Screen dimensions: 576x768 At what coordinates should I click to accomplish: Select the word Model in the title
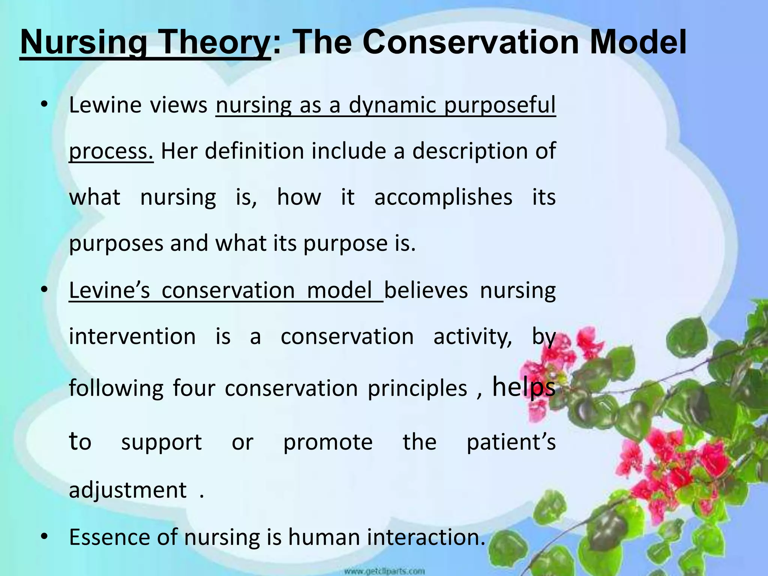[x=638, y=42]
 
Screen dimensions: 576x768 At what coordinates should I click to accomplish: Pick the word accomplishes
[x=443, y=198]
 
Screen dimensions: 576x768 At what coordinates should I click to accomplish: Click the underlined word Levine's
[x=109, y=290]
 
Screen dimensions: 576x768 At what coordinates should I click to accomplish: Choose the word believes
[x=426, y=290]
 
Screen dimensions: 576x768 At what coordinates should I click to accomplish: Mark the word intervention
[x=132, y=336]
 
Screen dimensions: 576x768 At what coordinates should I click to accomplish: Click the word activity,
[x=473, y=336]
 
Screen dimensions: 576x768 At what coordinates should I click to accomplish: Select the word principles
[x=417, y=388]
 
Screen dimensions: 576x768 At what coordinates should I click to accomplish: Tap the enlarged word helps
[x=523, y=387]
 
